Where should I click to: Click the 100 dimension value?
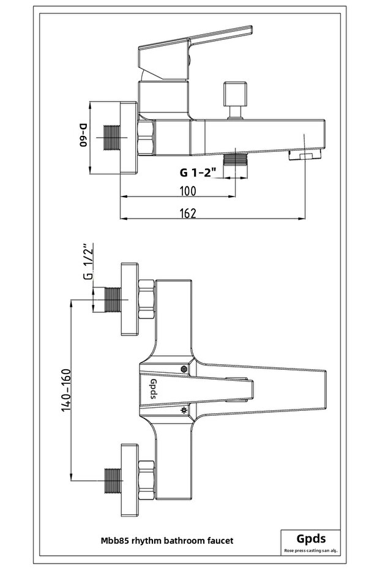[x=188, y=190]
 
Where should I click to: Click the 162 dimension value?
[x=188, y=212]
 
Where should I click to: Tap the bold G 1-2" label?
[x=195, y=173]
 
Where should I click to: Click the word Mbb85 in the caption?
[x=115, y=541]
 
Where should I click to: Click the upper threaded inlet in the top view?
[x=112, y=299]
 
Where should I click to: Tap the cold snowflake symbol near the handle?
[x=183, y=410]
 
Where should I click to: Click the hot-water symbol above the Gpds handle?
[x=184, y=369]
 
